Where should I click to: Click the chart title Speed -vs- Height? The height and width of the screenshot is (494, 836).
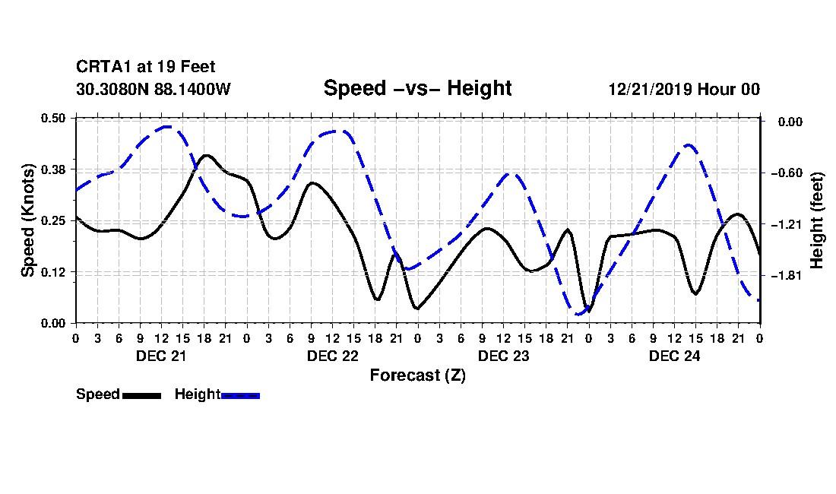[417, 88]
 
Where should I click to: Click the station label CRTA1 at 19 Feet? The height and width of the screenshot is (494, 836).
[146, 67]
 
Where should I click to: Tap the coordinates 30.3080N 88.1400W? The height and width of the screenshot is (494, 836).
[154, 89]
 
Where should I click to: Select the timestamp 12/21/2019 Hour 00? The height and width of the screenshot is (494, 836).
[684, 89]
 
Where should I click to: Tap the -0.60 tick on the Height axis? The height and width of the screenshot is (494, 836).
[787, 173]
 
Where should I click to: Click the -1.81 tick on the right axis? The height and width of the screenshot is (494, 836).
[787, 276]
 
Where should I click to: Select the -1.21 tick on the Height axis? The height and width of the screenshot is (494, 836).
[787, 224]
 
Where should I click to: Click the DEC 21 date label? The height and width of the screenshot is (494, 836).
[161, 356]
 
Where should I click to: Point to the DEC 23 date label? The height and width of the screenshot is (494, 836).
[503, 356]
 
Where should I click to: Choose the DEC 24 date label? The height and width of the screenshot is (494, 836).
[674, 356]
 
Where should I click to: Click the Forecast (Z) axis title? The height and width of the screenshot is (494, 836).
[417, 375]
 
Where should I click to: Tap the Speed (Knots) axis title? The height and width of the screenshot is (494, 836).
[28, 220]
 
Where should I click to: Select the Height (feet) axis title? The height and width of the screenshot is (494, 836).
[816, 220]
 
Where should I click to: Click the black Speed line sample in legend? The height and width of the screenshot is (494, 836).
[142, 395]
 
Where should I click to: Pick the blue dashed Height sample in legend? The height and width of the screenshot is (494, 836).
[240, 395]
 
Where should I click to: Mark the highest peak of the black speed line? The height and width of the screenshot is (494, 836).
[206, 156]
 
